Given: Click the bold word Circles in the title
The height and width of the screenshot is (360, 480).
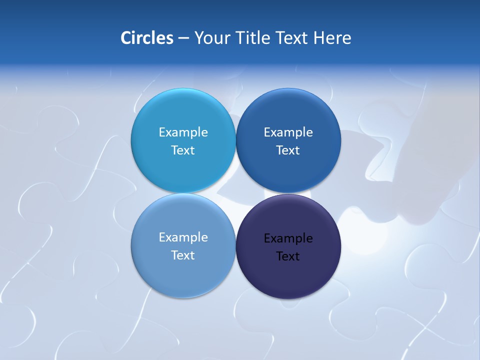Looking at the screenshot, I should coord(147,38).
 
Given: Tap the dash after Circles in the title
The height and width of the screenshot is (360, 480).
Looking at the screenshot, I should coord(183,38).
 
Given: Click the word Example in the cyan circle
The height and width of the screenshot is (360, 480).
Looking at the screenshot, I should coord(183,132).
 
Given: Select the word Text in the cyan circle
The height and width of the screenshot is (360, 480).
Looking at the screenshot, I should coord(183,150).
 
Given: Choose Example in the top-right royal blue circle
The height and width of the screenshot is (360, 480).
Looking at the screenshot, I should coord(288,132).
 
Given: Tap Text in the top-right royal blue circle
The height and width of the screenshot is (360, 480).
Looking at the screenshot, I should coord(288,150).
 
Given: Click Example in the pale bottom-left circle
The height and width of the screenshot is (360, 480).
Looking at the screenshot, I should coord(183,237).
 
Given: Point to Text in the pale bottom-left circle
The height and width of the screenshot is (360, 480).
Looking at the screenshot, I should coord(183,255).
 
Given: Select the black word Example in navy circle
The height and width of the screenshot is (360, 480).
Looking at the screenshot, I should coord(288,238).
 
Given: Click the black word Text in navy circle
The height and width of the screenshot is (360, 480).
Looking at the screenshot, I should coord(288,256).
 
